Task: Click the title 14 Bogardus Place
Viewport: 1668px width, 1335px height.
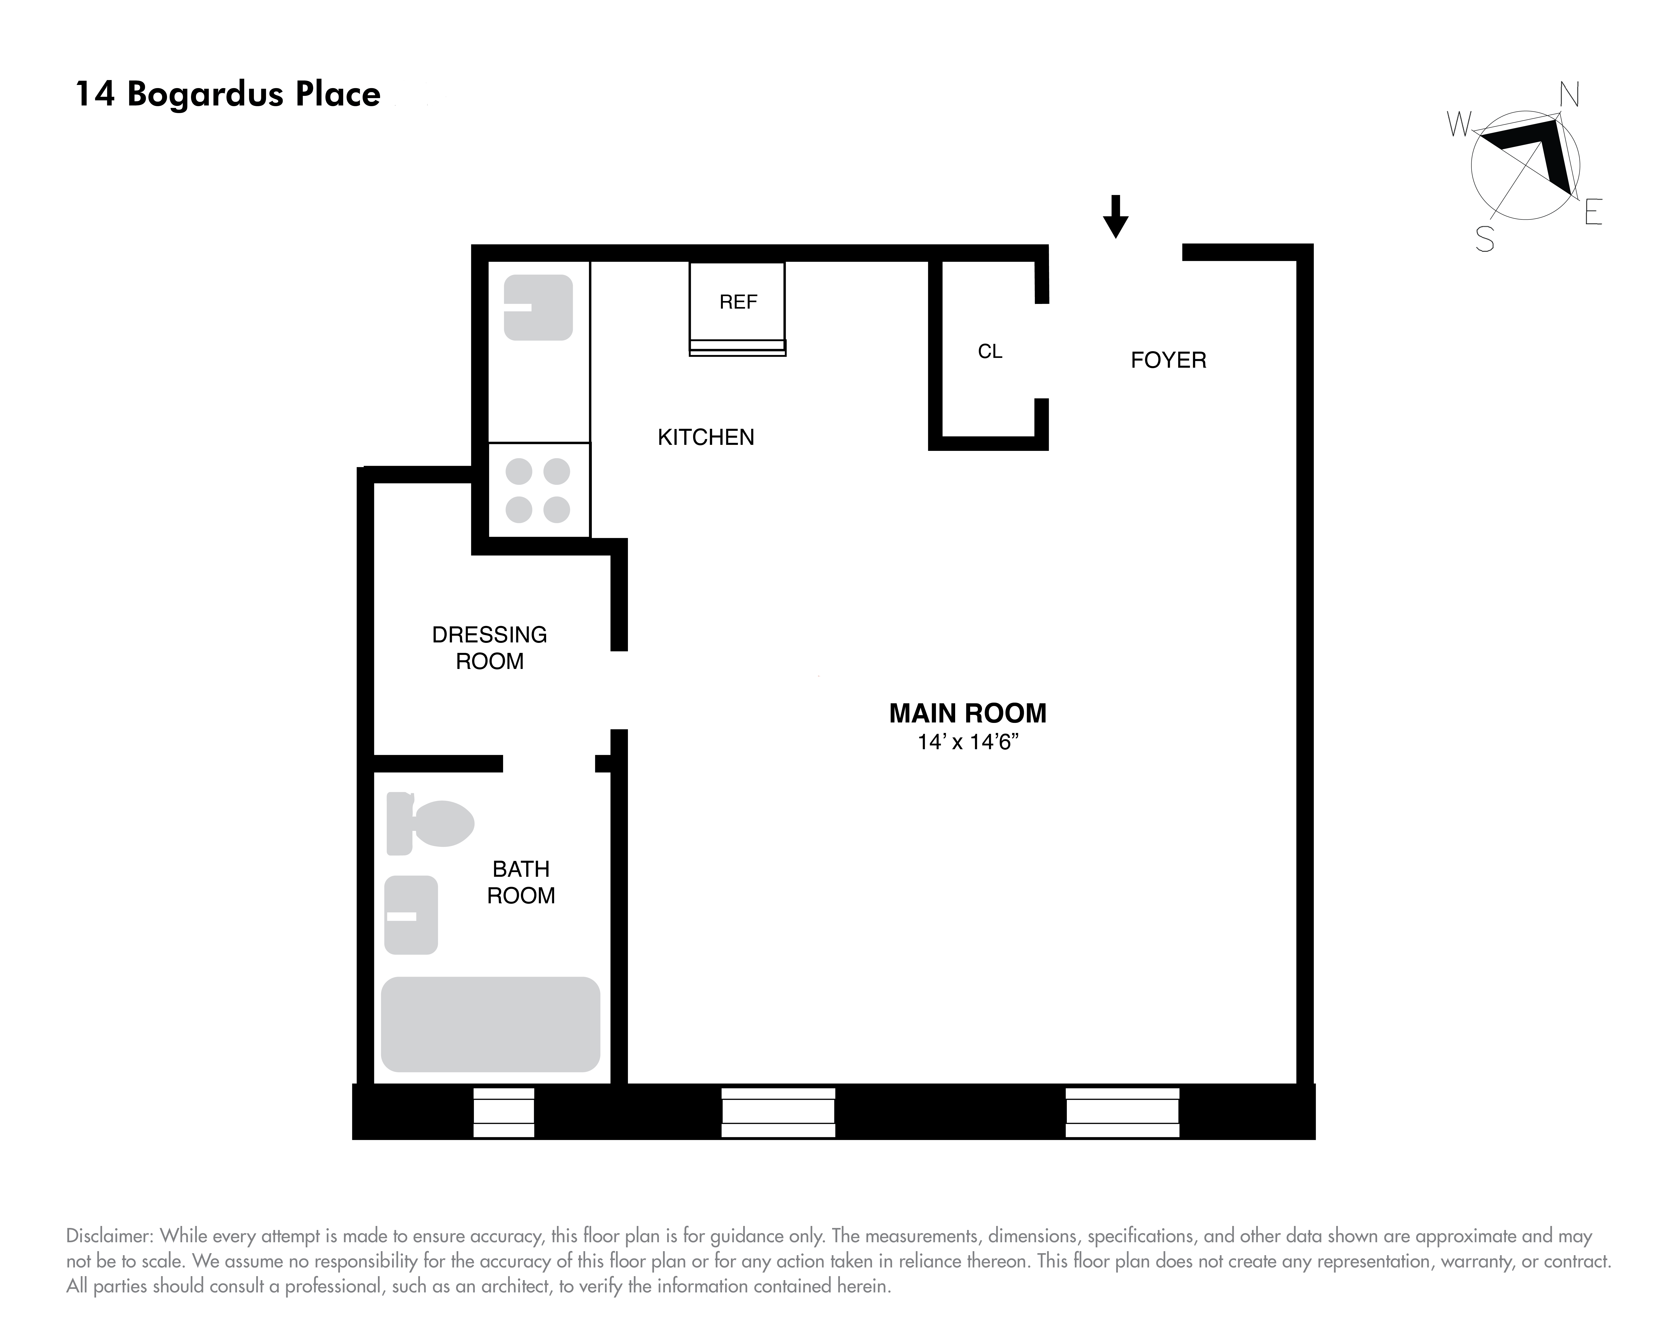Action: (x=227, y=94)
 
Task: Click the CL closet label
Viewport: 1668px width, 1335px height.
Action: (x=989, y=351)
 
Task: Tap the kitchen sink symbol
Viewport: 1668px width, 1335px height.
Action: (x=538, y=307)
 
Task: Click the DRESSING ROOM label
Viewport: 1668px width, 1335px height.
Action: (x=489, y=648)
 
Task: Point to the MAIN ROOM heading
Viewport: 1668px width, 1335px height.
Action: (x=967, y=713)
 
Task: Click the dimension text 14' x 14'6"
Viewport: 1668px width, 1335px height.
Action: (x=967, y=742)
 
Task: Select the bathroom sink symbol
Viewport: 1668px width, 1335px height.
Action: (x=411, y=915)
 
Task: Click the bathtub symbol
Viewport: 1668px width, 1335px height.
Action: (x=490, y=1024)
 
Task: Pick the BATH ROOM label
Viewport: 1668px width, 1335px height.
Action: (x=521, y=882)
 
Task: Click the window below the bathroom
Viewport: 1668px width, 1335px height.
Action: (x=504, y=1112)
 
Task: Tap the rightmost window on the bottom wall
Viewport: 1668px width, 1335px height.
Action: (x=1122, y=1112)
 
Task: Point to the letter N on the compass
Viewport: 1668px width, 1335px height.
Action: (x=1568, y=95)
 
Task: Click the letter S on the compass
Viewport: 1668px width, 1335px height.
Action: (x=1484, y=240)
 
